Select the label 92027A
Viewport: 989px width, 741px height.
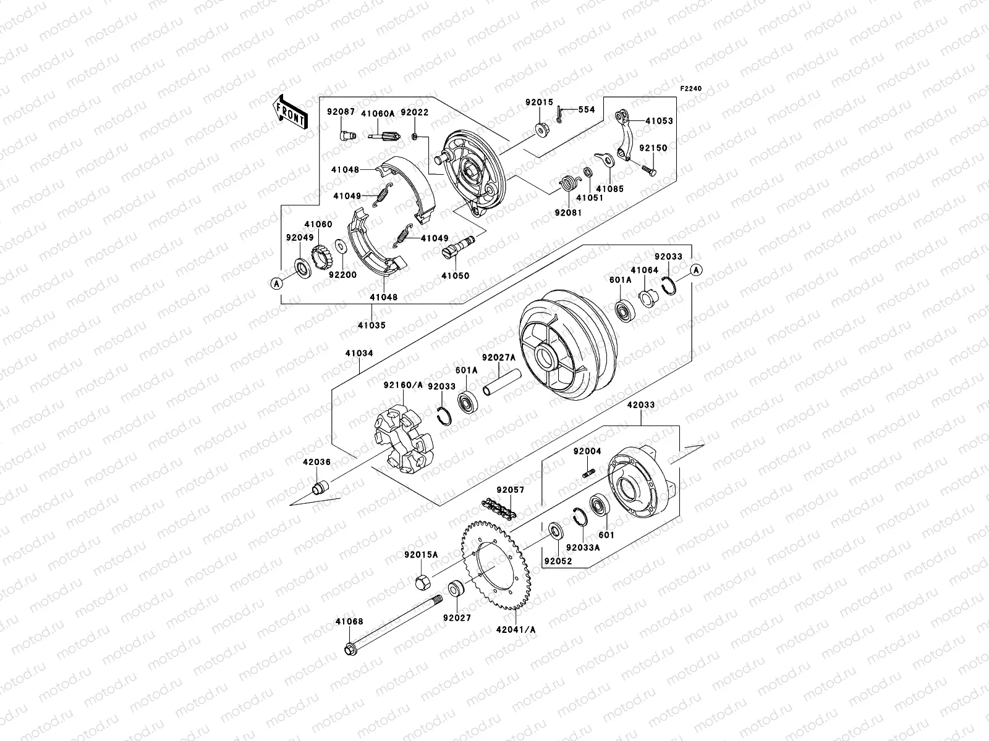pos(498,356)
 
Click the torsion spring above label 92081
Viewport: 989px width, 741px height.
pos(567,185)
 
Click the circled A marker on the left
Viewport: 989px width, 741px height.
pos(276,283)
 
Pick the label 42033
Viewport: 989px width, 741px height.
pos(641,405)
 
